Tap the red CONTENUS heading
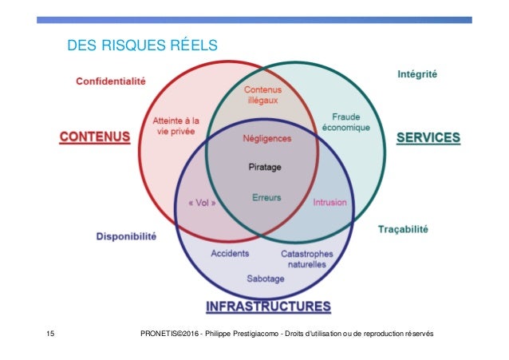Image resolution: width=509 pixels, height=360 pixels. (95, 137)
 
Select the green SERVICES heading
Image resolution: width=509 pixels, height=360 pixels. (428, 137)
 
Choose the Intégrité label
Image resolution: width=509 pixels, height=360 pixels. (422, 75)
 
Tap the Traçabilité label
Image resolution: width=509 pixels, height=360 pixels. (402, 229)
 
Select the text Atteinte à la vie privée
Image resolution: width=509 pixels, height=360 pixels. (176, 126)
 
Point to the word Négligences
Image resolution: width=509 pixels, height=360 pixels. (266, 138)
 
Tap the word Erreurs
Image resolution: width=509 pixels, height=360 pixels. (266, 198)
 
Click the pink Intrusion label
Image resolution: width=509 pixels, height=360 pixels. (329, 203)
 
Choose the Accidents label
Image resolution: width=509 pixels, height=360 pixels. (230, 254)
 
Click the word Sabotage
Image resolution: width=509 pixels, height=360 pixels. (266, 280)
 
